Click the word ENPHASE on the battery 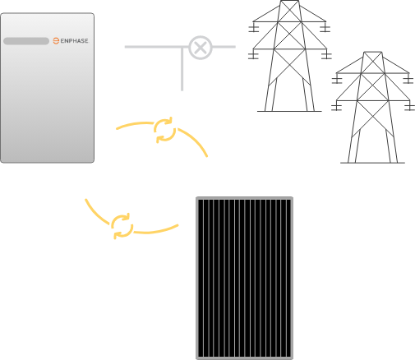[x=73, y=40]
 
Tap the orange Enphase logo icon [x=56, y=40]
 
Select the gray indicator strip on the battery [x=25, y=41]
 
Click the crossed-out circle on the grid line [x=199, y=47]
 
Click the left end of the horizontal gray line [x=126, y=47]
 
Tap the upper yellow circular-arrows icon [x=164, y=130]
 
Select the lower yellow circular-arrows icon [x=122, y=224]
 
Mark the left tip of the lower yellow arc [x=85, y=200]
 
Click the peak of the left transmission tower [x=289, y=2]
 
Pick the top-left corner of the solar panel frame [x=196, y=199]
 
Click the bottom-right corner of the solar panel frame [x=292, y=358]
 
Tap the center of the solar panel [x=244, y=278]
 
